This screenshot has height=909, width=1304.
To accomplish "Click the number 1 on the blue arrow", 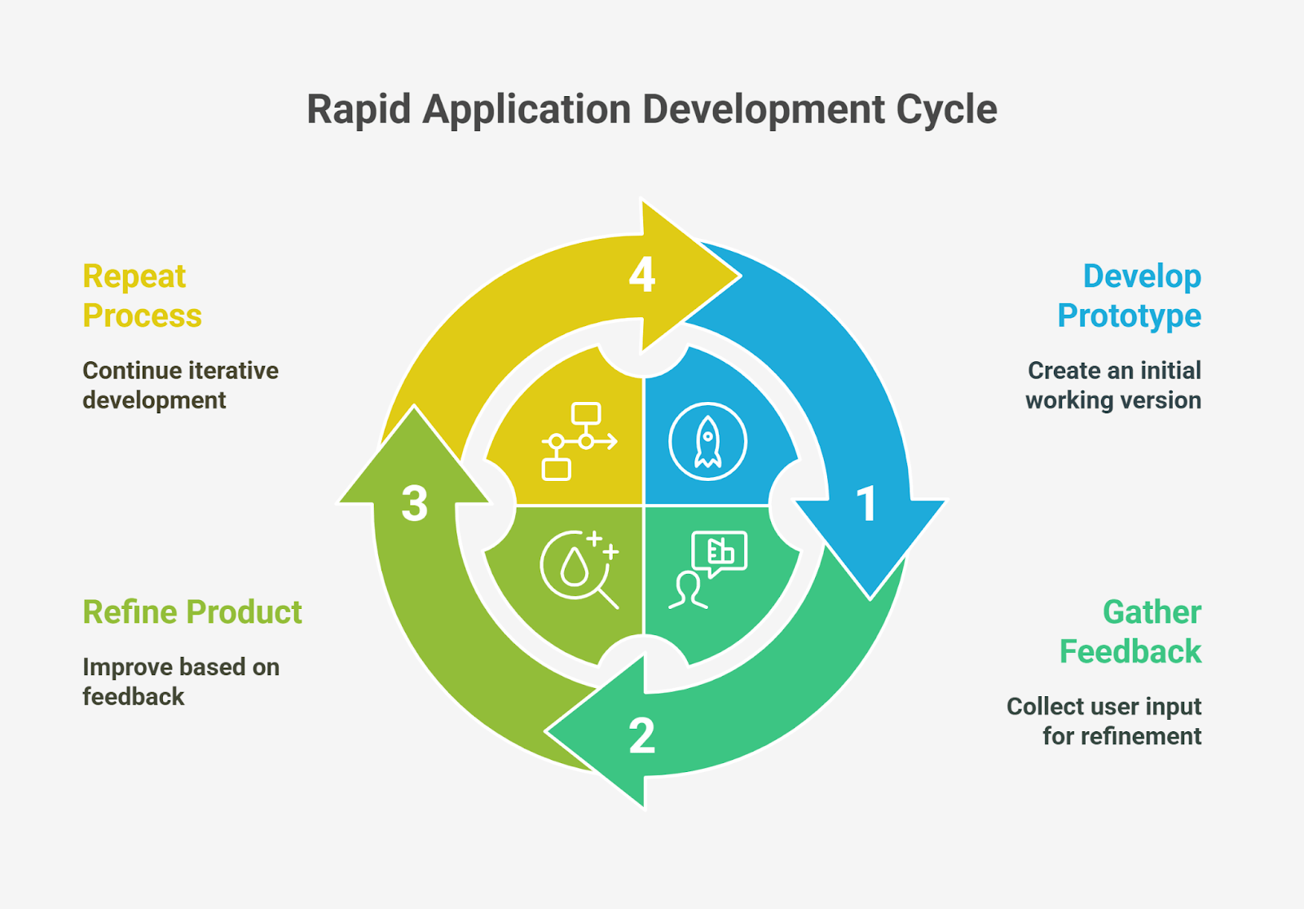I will coord(867,504).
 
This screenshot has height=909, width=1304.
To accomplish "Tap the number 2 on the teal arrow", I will coord(642,735).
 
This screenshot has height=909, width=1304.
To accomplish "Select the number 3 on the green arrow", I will coord(415,503).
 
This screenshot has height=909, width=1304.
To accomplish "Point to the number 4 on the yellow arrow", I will coord(642,275).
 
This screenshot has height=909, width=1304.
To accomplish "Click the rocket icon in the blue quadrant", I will coord(707,441).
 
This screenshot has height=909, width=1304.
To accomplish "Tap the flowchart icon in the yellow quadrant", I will coord(579,441).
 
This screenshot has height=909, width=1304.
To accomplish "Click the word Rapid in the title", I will coord(359,110).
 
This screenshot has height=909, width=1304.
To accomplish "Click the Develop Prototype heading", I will coord(1130,296).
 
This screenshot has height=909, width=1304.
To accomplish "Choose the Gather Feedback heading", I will coord(1131,632).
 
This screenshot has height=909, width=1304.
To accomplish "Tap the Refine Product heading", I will coord(192,612).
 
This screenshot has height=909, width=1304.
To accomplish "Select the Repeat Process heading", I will coord(142,296).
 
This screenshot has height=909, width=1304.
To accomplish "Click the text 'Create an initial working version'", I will coord(1113,386).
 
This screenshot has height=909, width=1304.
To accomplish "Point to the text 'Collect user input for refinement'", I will coord(1105,721).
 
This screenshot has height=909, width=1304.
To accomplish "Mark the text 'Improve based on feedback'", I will coord(180,682).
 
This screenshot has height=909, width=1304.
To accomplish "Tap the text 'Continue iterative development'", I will coord(180,386).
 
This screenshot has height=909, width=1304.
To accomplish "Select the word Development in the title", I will coord(764,110).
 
